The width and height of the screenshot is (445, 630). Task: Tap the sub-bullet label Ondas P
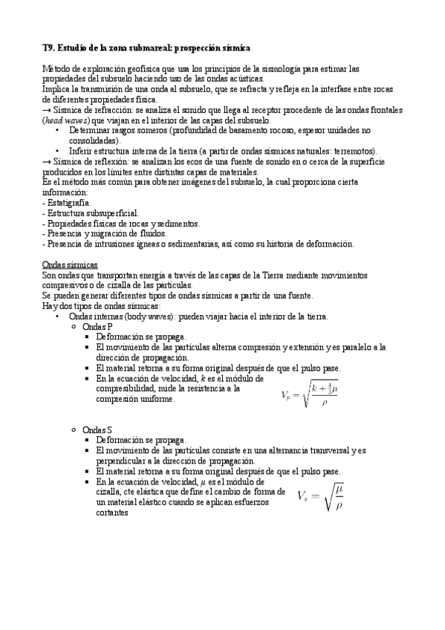click(97, 327)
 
